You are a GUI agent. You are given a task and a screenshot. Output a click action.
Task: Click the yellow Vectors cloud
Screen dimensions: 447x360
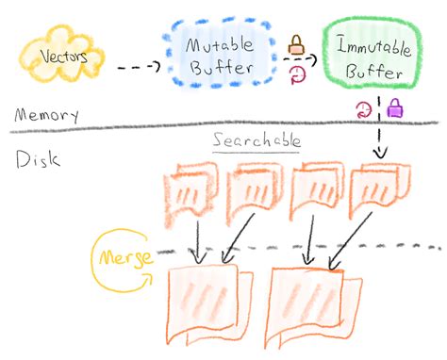point(61,56)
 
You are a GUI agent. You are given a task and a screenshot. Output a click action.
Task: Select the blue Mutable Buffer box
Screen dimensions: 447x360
point(220,53)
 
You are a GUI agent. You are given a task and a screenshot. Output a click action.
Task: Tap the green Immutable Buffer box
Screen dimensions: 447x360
point(372,53)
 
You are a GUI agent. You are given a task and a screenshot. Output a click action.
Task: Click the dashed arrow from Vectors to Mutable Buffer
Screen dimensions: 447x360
point(139,67)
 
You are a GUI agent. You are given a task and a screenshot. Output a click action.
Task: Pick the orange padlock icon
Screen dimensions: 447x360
point(296,45)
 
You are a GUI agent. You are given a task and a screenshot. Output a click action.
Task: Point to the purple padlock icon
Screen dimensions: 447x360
point(395,108)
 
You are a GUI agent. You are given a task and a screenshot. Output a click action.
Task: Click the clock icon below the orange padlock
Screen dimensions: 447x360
point(297,74)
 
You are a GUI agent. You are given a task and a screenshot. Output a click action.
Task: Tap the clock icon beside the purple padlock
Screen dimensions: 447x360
point(364,109)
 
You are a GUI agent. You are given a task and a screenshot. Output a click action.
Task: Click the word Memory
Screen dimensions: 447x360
point(46,115)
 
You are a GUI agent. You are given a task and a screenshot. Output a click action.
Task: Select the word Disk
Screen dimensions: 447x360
point(38,159)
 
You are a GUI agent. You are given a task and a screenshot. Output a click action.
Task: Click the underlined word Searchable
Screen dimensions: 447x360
point(257,140)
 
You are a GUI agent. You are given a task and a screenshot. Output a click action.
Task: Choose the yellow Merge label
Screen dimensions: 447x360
point(126,257)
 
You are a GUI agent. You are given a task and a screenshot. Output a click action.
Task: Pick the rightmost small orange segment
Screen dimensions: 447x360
point(380,189)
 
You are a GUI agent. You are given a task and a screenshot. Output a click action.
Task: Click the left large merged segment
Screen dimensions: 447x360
point(210,303)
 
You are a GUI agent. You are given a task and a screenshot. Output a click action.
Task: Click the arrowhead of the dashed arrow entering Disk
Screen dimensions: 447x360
point(380,154)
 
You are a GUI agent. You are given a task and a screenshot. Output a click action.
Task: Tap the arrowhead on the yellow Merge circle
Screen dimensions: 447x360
point(148,278)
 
